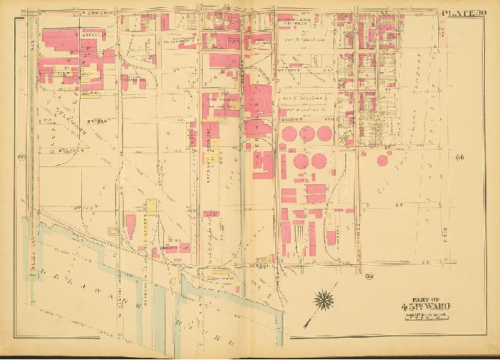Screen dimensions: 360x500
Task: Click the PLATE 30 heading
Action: [x=466, y=11]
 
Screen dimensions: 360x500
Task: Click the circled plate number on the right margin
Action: [x=459, y=158]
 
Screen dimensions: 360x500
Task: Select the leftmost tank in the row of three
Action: [x=289, y=134]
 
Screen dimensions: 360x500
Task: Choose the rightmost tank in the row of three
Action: [x=325, y=134]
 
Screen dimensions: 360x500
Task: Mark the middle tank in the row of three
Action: [x=307, y=134]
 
